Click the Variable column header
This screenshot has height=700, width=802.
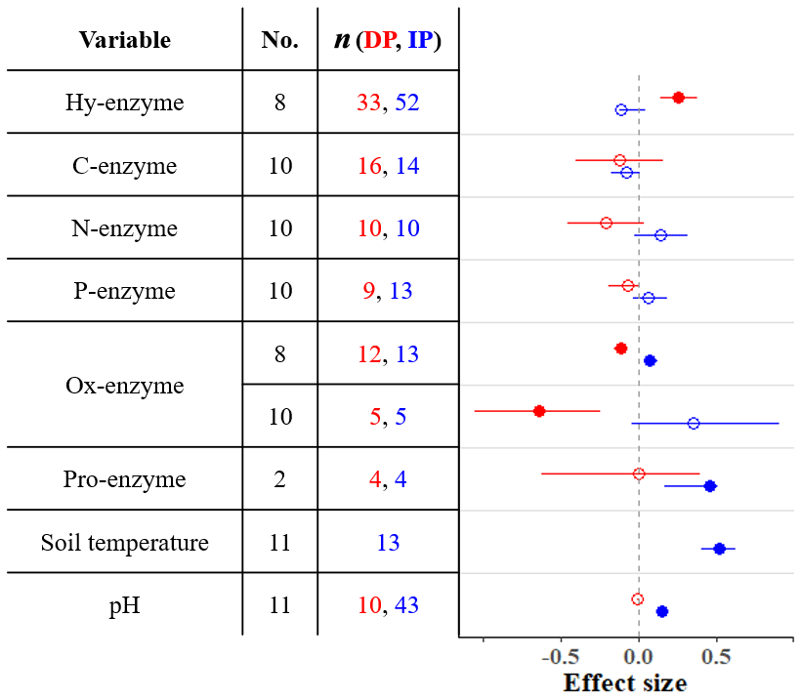coord(124,40)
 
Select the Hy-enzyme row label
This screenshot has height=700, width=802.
coord(124,103)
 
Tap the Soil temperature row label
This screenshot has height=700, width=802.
coord(124,543)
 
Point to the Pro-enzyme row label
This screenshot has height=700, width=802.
coord(124,479)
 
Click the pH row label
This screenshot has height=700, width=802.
coord(124,605)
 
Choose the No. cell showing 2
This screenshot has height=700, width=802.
coord(279,479)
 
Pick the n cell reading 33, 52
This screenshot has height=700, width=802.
coord(388,103)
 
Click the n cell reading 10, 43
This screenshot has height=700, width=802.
coord(388,605)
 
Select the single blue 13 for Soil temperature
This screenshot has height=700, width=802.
coord(388,543)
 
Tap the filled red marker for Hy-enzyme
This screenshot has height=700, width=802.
coord(678,98)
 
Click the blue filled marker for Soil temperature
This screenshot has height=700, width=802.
coord(719,549)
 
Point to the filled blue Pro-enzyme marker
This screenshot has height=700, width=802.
coord(710,486)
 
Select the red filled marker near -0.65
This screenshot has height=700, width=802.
coord(539,411)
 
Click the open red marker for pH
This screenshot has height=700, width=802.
coord(638,599)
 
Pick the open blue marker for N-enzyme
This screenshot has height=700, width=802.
coord(660,235)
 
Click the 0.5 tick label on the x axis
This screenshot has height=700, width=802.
coord(716,654)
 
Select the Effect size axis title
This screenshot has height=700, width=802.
coord(625,682)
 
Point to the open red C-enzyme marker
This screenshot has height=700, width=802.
coord(619,160)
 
